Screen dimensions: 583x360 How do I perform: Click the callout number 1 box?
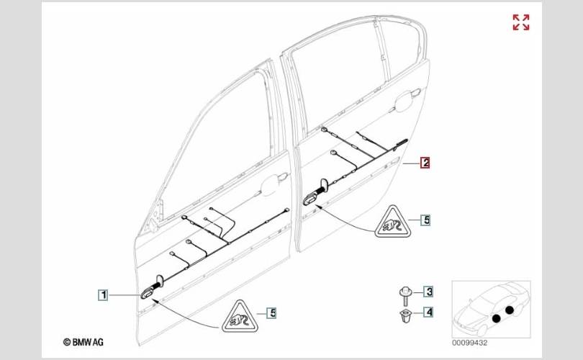pos(103,295)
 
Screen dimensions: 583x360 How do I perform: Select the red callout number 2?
pos(425,163)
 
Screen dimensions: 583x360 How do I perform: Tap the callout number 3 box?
pos(429,291)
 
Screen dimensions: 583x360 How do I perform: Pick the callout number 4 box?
pos(429,312)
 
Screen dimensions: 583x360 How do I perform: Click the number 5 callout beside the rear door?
pos(426,220)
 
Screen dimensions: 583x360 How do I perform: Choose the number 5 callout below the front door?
pos(272,312)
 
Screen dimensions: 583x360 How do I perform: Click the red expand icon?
pos(521,22)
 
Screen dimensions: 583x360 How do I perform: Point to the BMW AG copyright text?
pos(83,342)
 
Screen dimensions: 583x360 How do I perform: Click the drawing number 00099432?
pos(469,343)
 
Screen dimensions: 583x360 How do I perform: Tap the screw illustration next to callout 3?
pos(405,296)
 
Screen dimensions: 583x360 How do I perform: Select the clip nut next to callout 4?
pos(405,315)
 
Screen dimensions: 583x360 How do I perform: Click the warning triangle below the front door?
pos(240,318)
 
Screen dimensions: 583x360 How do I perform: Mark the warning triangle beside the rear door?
pos(392,222)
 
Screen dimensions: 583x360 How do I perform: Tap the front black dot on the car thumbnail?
pos(496,318)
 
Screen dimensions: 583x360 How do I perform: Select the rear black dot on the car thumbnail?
pos(510,310)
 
